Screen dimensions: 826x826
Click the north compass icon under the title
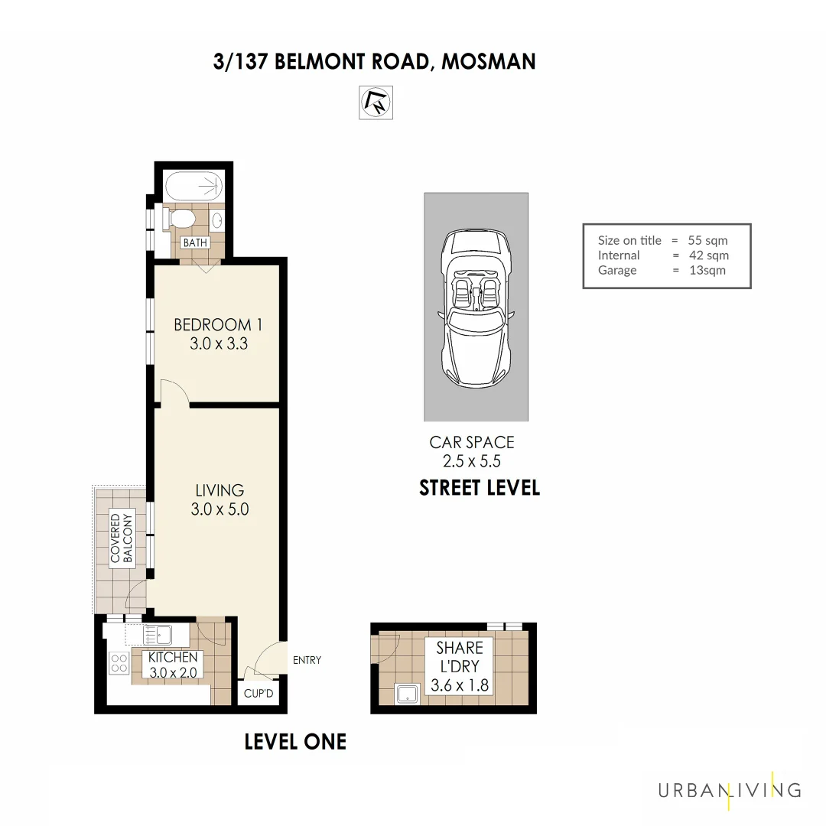point(376,103)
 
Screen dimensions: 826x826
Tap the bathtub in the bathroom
point(193,185)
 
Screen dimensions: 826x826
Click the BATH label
point(194,242)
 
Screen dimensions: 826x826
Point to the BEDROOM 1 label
point(218,324)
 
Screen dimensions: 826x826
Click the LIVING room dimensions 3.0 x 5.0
point(220,509)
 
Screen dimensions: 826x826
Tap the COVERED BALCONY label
point(122,538)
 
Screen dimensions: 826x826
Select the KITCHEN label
point(173,658)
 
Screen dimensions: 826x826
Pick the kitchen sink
point(157,634)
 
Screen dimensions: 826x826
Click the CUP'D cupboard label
point(259,694)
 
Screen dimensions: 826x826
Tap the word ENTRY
point(307,660)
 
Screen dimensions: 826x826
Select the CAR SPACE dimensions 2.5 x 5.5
point(472,461)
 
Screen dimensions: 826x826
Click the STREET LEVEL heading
point(480,488)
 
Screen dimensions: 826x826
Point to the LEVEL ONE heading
point(295,741)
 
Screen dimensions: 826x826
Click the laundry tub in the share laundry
point(407,694)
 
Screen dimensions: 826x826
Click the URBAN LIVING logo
point(729,790)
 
